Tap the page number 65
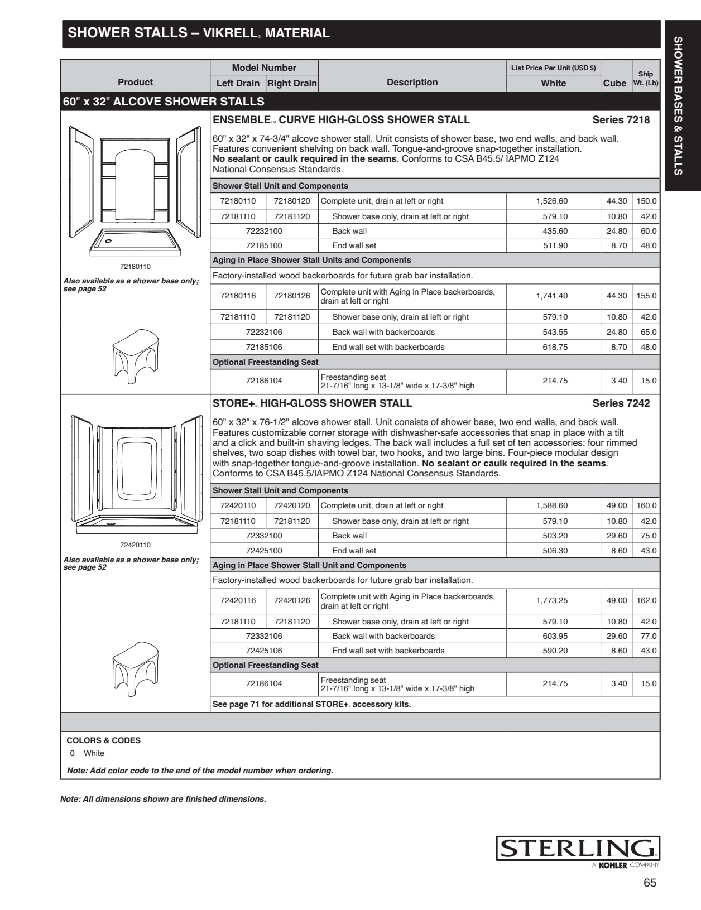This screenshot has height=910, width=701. point(650,883)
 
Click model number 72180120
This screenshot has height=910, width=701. point(292,201)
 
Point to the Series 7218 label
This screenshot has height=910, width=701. point(621,120)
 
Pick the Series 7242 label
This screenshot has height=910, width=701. point(621,403)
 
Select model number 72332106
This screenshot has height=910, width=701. point(264,636)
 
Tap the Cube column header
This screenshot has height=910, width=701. point(614,83)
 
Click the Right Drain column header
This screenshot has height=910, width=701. point(292,83)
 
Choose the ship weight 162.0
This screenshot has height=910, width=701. point(646,600)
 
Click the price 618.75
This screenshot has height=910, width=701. point(555,347)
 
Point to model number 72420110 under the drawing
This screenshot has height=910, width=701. point(135,545)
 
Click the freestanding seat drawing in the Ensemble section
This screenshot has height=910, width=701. point(136,352)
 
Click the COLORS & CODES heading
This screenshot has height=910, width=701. point(103,740)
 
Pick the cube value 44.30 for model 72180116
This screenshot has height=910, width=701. point(617,296)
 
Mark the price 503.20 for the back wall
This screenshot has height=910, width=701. point(555,536)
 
